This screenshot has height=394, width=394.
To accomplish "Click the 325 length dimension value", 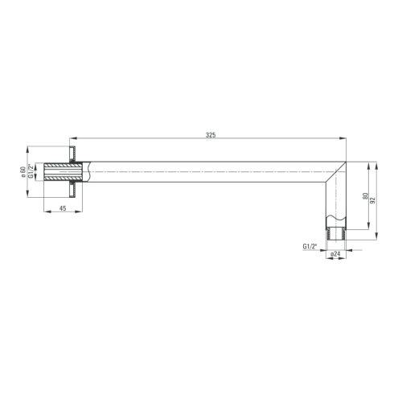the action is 211,135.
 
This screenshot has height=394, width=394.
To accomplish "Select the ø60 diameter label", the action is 23,172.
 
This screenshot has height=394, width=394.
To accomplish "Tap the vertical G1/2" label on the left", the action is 31,171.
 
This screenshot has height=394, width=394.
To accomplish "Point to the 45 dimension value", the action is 63,208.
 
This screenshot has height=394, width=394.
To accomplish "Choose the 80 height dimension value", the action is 365,196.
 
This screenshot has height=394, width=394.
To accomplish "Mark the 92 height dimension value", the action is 373,200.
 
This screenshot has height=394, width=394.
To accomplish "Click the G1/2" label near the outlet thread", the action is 310,246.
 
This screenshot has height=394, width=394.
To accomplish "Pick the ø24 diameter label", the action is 335,254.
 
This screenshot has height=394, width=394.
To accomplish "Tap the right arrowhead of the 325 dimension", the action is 343,138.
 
